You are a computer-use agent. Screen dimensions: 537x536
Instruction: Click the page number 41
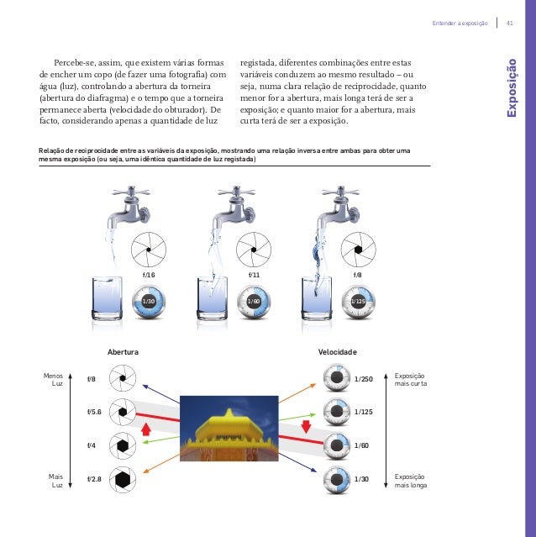509,22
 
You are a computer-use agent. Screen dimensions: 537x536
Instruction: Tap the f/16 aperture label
150,275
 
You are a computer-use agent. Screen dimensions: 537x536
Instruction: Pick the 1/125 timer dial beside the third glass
359,300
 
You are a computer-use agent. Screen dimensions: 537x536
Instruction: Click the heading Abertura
123,350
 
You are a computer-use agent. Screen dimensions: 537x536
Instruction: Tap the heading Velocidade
338,350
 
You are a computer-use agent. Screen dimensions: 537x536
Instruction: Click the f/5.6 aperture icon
123,412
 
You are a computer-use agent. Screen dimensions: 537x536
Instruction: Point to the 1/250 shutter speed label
365,380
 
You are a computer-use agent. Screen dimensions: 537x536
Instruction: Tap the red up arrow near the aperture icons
146,430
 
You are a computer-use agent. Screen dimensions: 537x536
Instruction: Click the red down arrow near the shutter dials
306,424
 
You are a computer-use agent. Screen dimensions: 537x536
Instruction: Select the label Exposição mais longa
410,481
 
